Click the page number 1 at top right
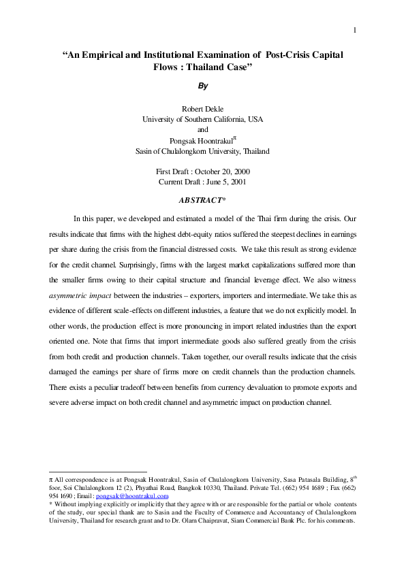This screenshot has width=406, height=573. (x=355, y=29)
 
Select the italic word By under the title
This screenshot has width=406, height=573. (x=202, y=86)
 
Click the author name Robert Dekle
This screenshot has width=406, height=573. (x=202, y=109)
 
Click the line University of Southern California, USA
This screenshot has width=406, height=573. (x=202, y=119)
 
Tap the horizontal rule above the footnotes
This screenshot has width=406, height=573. (x=99, y=472)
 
